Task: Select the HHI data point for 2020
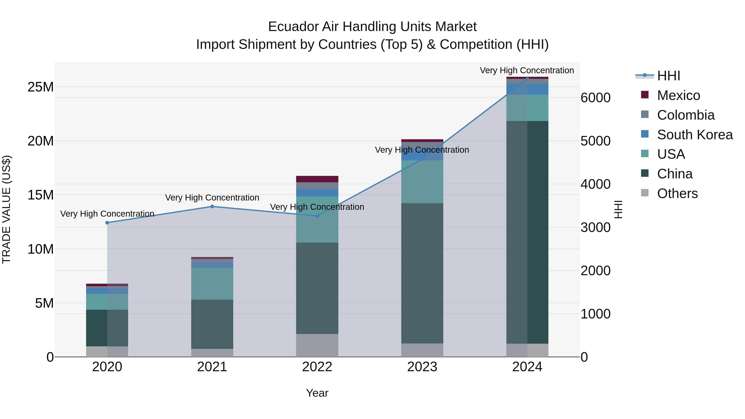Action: (x=107, y=223)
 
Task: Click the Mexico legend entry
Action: (x=678, y=95)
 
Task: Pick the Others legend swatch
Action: (x=645, y=193)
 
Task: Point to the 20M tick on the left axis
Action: (x=41, y=141)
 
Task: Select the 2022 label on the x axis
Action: (x=317, y=367)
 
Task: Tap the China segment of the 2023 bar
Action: (x=422, y=273)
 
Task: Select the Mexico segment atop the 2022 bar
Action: (x=317, y=179)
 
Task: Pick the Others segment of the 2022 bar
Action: (x=317, y=345)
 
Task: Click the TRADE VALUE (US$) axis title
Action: (x=6, y=209)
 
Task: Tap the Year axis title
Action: (x=317, y=393)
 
